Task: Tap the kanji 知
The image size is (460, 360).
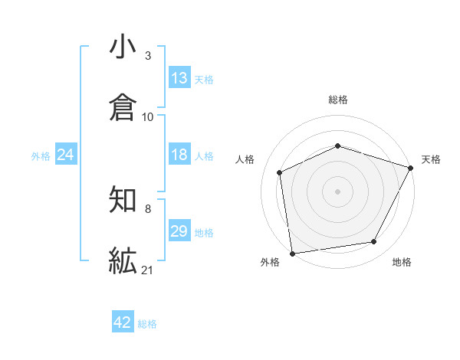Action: point(123,201)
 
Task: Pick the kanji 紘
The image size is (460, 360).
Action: point(123,261)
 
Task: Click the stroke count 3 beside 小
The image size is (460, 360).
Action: point(148,56)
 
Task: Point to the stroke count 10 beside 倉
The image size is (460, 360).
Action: point(148,116)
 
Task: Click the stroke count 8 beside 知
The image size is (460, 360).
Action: point(148,208)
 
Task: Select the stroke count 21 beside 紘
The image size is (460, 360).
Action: point(148,270)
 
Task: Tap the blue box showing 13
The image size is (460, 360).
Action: point(179,78)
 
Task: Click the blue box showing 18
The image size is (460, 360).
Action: point(179,155)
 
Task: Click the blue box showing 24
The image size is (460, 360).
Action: point(66,155)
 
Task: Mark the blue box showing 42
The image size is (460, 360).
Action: point(123,322)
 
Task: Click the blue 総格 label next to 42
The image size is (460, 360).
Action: point(147,324)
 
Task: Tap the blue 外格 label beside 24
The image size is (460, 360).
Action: point(41,156)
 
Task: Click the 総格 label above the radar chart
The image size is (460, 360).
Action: point(337,100)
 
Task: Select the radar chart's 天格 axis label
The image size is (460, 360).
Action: point(431,159)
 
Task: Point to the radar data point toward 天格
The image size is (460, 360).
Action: point(411,167)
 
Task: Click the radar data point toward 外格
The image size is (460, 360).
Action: point(291,252)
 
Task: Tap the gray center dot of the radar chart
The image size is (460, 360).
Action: point(337,191)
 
